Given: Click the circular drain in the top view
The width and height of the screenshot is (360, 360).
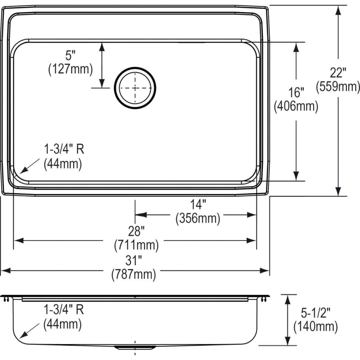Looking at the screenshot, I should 135,88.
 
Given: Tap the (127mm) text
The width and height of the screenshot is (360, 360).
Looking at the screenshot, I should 70,69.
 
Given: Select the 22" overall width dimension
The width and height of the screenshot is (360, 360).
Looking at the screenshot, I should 338,72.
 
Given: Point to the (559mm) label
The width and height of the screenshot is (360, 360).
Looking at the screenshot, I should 338,86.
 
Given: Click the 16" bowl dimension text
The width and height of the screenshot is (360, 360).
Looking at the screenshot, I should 296,92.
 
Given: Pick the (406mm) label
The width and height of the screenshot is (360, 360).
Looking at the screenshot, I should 296,106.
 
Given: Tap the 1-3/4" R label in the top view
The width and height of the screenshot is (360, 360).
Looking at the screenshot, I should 64,149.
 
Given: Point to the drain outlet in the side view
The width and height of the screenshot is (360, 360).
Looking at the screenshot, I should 134,347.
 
